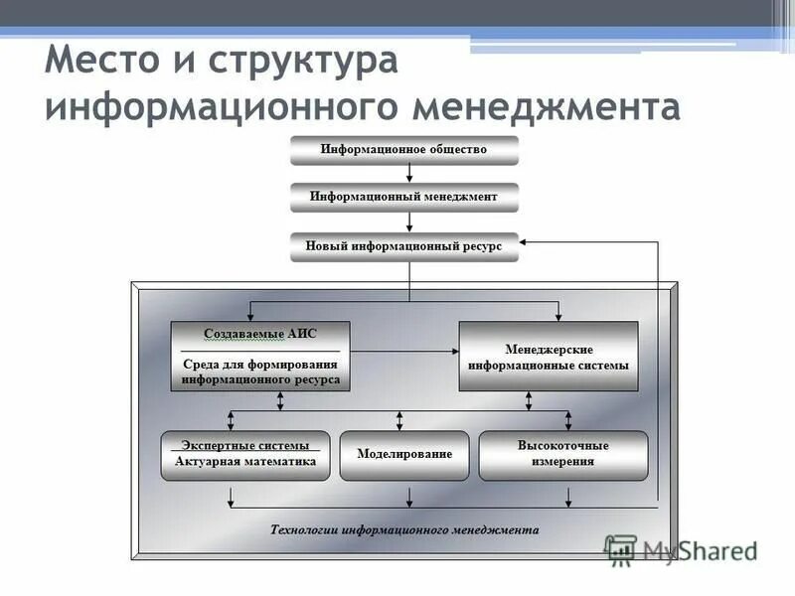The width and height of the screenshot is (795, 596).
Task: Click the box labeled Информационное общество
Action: [x=403, y=150]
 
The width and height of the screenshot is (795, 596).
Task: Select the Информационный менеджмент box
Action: [x=403, y=198]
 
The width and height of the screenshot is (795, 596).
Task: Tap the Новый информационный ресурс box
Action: [x=403, y=246]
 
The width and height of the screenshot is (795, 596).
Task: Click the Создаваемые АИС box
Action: [x=260, y=356]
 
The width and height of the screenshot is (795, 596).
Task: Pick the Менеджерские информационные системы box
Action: [x=549, y=357]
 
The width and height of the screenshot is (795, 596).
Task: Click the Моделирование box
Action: [x=404, y=454]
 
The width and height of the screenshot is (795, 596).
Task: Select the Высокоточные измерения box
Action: [x=562, y=454]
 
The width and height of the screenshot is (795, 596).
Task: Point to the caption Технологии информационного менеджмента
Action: [x=404, y=529]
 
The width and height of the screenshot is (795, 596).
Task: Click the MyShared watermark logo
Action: [x=681, y=549]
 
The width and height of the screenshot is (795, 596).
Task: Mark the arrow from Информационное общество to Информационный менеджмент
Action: [x=408, y=173]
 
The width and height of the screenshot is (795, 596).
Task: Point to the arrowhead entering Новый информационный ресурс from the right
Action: [x=527, y=241]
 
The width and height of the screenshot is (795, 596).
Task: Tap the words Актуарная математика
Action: [x=245, y=462]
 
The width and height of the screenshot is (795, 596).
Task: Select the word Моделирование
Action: [x=404, y=454]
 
